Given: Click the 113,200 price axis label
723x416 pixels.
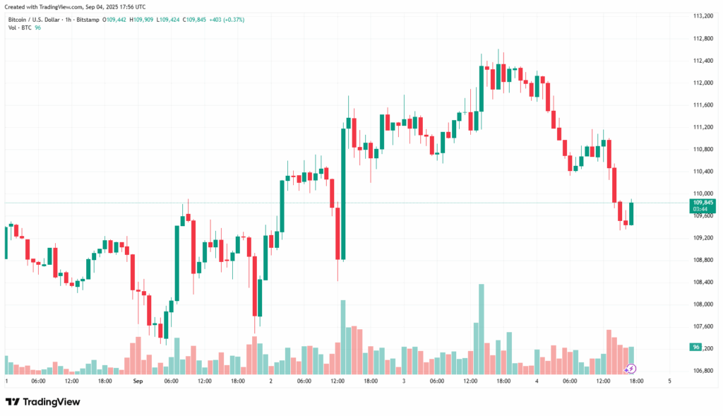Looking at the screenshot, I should (x=703, y=16).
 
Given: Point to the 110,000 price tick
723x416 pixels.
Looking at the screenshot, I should (x=703, y=194).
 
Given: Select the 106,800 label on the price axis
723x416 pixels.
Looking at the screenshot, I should (x=703, y=370).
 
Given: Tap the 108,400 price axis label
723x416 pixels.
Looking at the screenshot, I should (x=703, y=282).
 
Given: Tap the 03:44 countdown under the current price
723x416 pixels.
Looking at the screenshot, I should (x=700, y=209).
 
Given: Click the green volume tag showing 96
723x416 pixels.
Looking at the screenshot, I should (x=696, y=347).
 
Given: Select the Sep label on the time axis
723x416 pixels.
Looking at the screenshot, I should (x=138, y=381).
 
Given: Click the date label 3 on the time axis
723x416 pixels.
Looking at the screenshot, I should (x=403, y=381).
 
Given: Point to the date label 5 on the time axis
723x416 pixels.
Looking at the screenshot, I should (x=669, y=381).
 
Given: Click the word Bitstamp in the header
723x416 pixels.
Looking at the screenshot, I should (x=89, y=19).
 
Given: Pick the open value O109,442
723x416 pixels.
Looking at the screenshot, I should (x=115, y=19).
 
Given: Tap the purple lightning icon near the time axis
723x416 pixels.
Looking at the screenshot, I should (x=631, y=368).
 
